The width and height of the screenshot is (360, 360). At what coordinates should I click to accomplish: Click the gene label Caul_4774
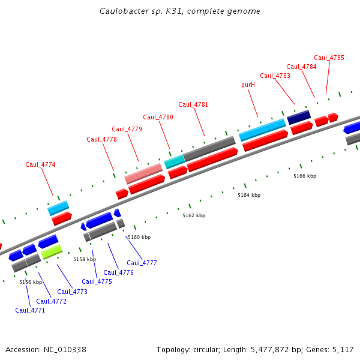[40, 164]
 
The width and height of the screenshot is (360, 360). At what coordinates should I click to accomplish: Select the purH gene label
[248, 85]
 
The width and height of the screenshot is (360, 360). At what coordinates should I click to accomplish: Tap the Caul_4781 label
[193, 104]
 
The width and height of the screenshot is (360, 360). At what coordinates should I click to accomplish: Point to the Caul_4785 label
[329, 58]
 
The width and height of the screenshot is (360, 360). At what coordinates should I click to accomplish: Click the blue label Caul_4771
[30, 310]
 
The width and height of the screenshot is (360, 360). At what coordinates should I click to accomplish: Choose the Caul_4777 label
[142, 263]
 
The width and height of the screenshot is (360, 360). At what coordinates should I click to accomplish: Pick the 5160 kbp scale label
[139, 237]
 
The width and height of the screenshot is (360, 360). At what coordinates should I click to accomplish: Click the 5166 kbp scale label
[305, 176]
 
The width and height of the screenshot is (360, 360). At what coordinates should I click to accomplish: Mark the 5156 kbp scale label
[31, 282]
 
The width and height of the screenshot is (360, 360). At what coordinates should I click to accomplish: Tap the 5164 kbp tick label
[249, 195]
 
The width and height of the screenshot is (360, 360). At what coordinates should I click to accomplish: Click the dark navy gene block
[299, 116]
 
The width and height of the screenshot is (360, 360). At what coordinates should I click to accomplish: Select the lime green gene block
[52, 251]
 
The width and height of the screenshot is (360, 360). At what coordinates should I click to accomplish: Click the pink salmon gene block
[143, 173]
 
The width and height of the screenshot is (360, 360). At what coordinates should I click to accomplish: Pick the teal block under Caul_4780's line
[175, 161]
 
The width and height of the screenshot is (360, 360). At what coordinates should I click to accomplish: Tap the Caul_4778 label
[101, 139]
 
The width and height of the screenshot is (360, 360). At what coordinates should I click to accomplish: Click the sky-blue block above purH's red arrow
[262, 130]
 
